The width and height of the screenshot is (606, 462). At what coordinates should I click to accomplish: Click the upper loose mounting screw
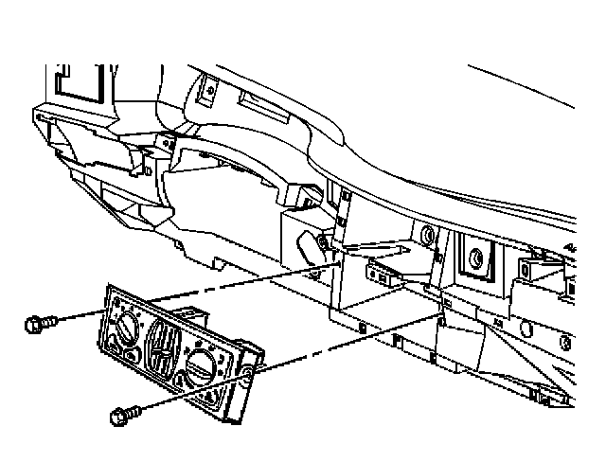(x=39, y=326)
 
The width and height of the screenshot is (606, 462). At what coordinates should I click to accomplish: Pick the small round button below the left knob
(x=126, y=355)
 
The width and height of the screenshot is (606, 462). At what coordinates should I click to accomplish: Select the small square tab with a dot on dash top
(x=209, y=91)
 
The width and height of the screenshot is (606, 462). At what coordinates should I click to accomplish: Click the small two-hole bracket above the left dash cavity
(x=165, y=142)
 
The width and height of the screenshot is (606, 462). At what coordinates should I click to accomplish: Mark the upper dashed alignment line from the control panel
(x=237, y=283)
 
